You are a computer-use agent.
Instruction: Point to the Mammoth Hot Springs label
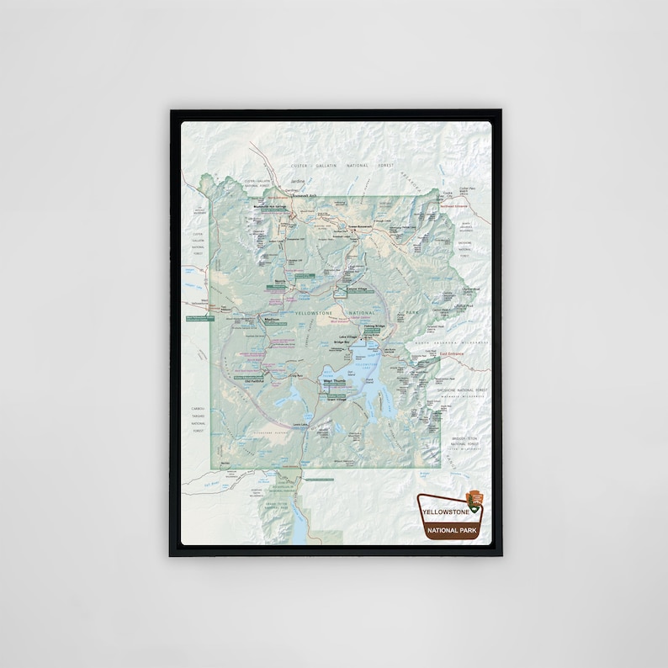pos(270,204)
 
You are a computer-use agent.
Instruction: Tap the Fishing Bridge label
pos(374,326)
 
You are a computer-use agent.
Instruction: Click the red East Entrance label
pos(452,354)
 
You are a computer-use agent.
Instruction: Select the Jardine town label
pos(296,181)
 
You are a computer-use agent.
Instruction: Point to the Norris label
pos(281,282)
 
